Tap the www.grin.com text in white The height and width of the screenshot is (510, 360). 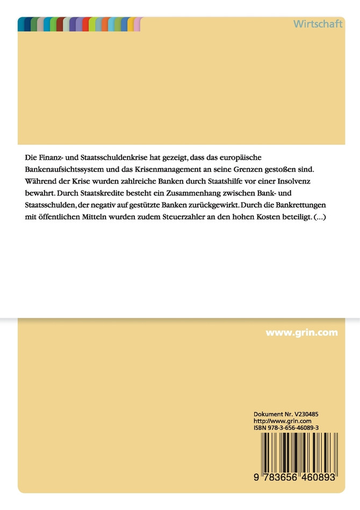pos(301,333)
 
